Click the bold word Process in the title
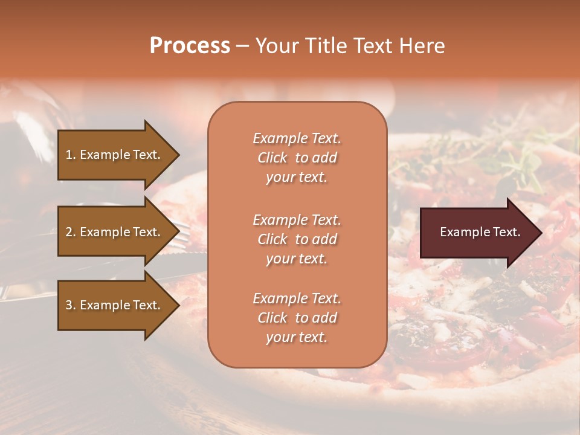coord(190,46)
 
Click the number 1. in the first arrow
coord(71,155)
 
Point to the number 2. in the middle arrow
coord(71,232)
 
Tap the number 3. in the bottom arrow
coord(71,305)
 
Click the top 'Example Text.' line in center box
coord(297,138)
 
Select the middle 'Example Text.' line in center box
coord(297,219)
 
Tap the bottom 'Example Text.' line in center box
coord(297,298)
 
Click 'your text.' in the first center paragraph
coord(297,178)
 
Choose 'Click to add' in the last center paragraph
coord(297,318)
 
